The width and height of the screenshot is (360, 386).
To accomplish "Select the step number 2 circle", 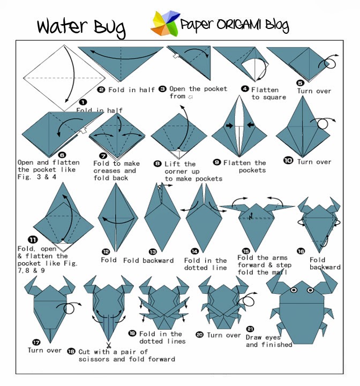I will (101, 90).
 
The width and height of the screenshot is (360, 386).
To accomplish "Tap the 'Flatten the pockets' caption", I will (244, 166).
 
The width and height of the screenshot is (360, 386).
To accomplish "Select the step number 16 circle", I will (301, 251).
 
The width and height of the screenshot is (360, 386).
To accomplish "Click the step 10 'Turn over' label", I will (314, 161).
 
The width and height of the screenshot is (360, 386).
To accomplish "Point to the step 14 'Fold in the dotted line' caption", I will (205, 264).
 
